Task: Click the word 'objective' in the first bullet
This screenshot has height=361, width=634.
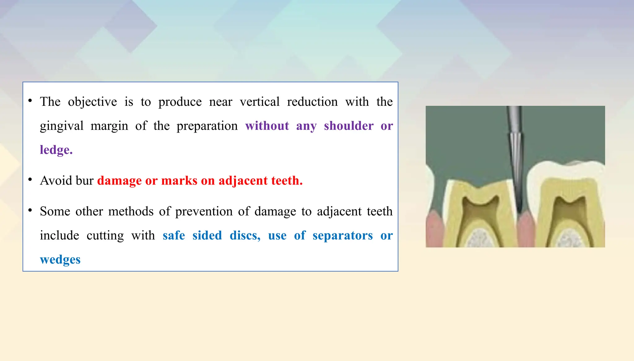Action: pos(92,102)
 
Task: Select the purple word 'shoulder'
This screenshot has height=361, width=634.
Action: pos(349,126)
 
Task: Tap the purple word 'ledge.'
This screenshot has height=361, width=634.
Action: pos(56,150)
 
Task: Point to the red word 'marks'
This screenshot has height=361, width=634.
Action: pos(179,180)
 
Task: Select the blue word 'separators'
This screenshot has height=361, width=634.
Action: pos(342,236)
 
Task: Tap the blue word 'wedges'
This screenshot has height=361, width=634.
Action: pos(60,260)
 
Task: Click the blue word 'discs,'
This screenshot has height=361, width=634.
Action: pos(245,236)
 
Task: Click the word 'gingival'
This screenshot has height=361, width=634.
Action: pos(62,126)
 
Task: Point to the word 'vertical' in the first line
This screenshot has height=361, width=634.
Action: pos(259,102)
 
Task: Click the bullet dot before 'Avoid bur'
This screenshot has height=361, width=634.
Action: pos(30,180)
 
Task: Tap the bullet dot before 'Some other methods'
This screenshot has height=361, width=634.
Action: pos(30,211)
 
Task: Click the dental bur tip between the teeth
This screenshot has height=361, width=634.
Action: pos(519,204)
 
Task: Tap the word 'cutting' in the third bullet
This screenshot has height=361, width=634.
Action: pos(105,236)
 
